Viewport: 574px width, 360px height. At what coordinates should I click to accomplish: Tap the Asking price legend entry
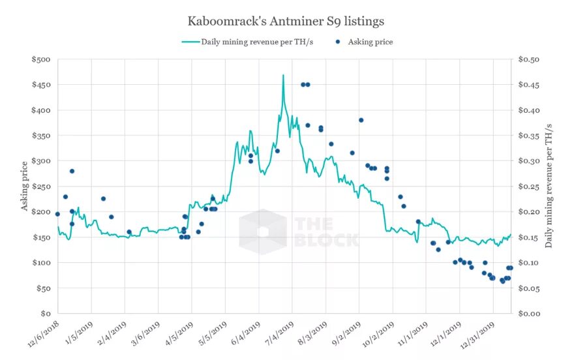pyautogui.click(x=370, y=42)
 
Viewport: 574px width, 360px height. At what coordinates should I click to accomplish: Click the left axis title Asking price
pyautogui.click(x=25, y=186)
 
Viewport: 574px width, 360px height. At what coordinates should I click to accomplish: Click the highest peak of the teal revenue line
pyautogui.click(x=283, y=76)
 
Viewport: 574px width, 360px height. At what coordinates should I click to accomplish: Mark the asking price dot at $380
pyautogui.click(x=361, y=120)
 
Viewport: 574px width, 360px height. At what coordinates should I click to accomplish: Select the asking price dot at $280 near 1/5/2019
pyautogui.click(x=72, y=171)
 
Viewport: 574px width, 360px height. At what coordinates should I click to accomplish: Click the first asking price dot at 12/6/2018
pyautogui.click(x=57, y=214)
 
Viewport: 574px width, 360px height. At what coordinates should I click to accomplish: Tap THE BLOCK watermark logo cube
pyautogui.click(x=262, y=232)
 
